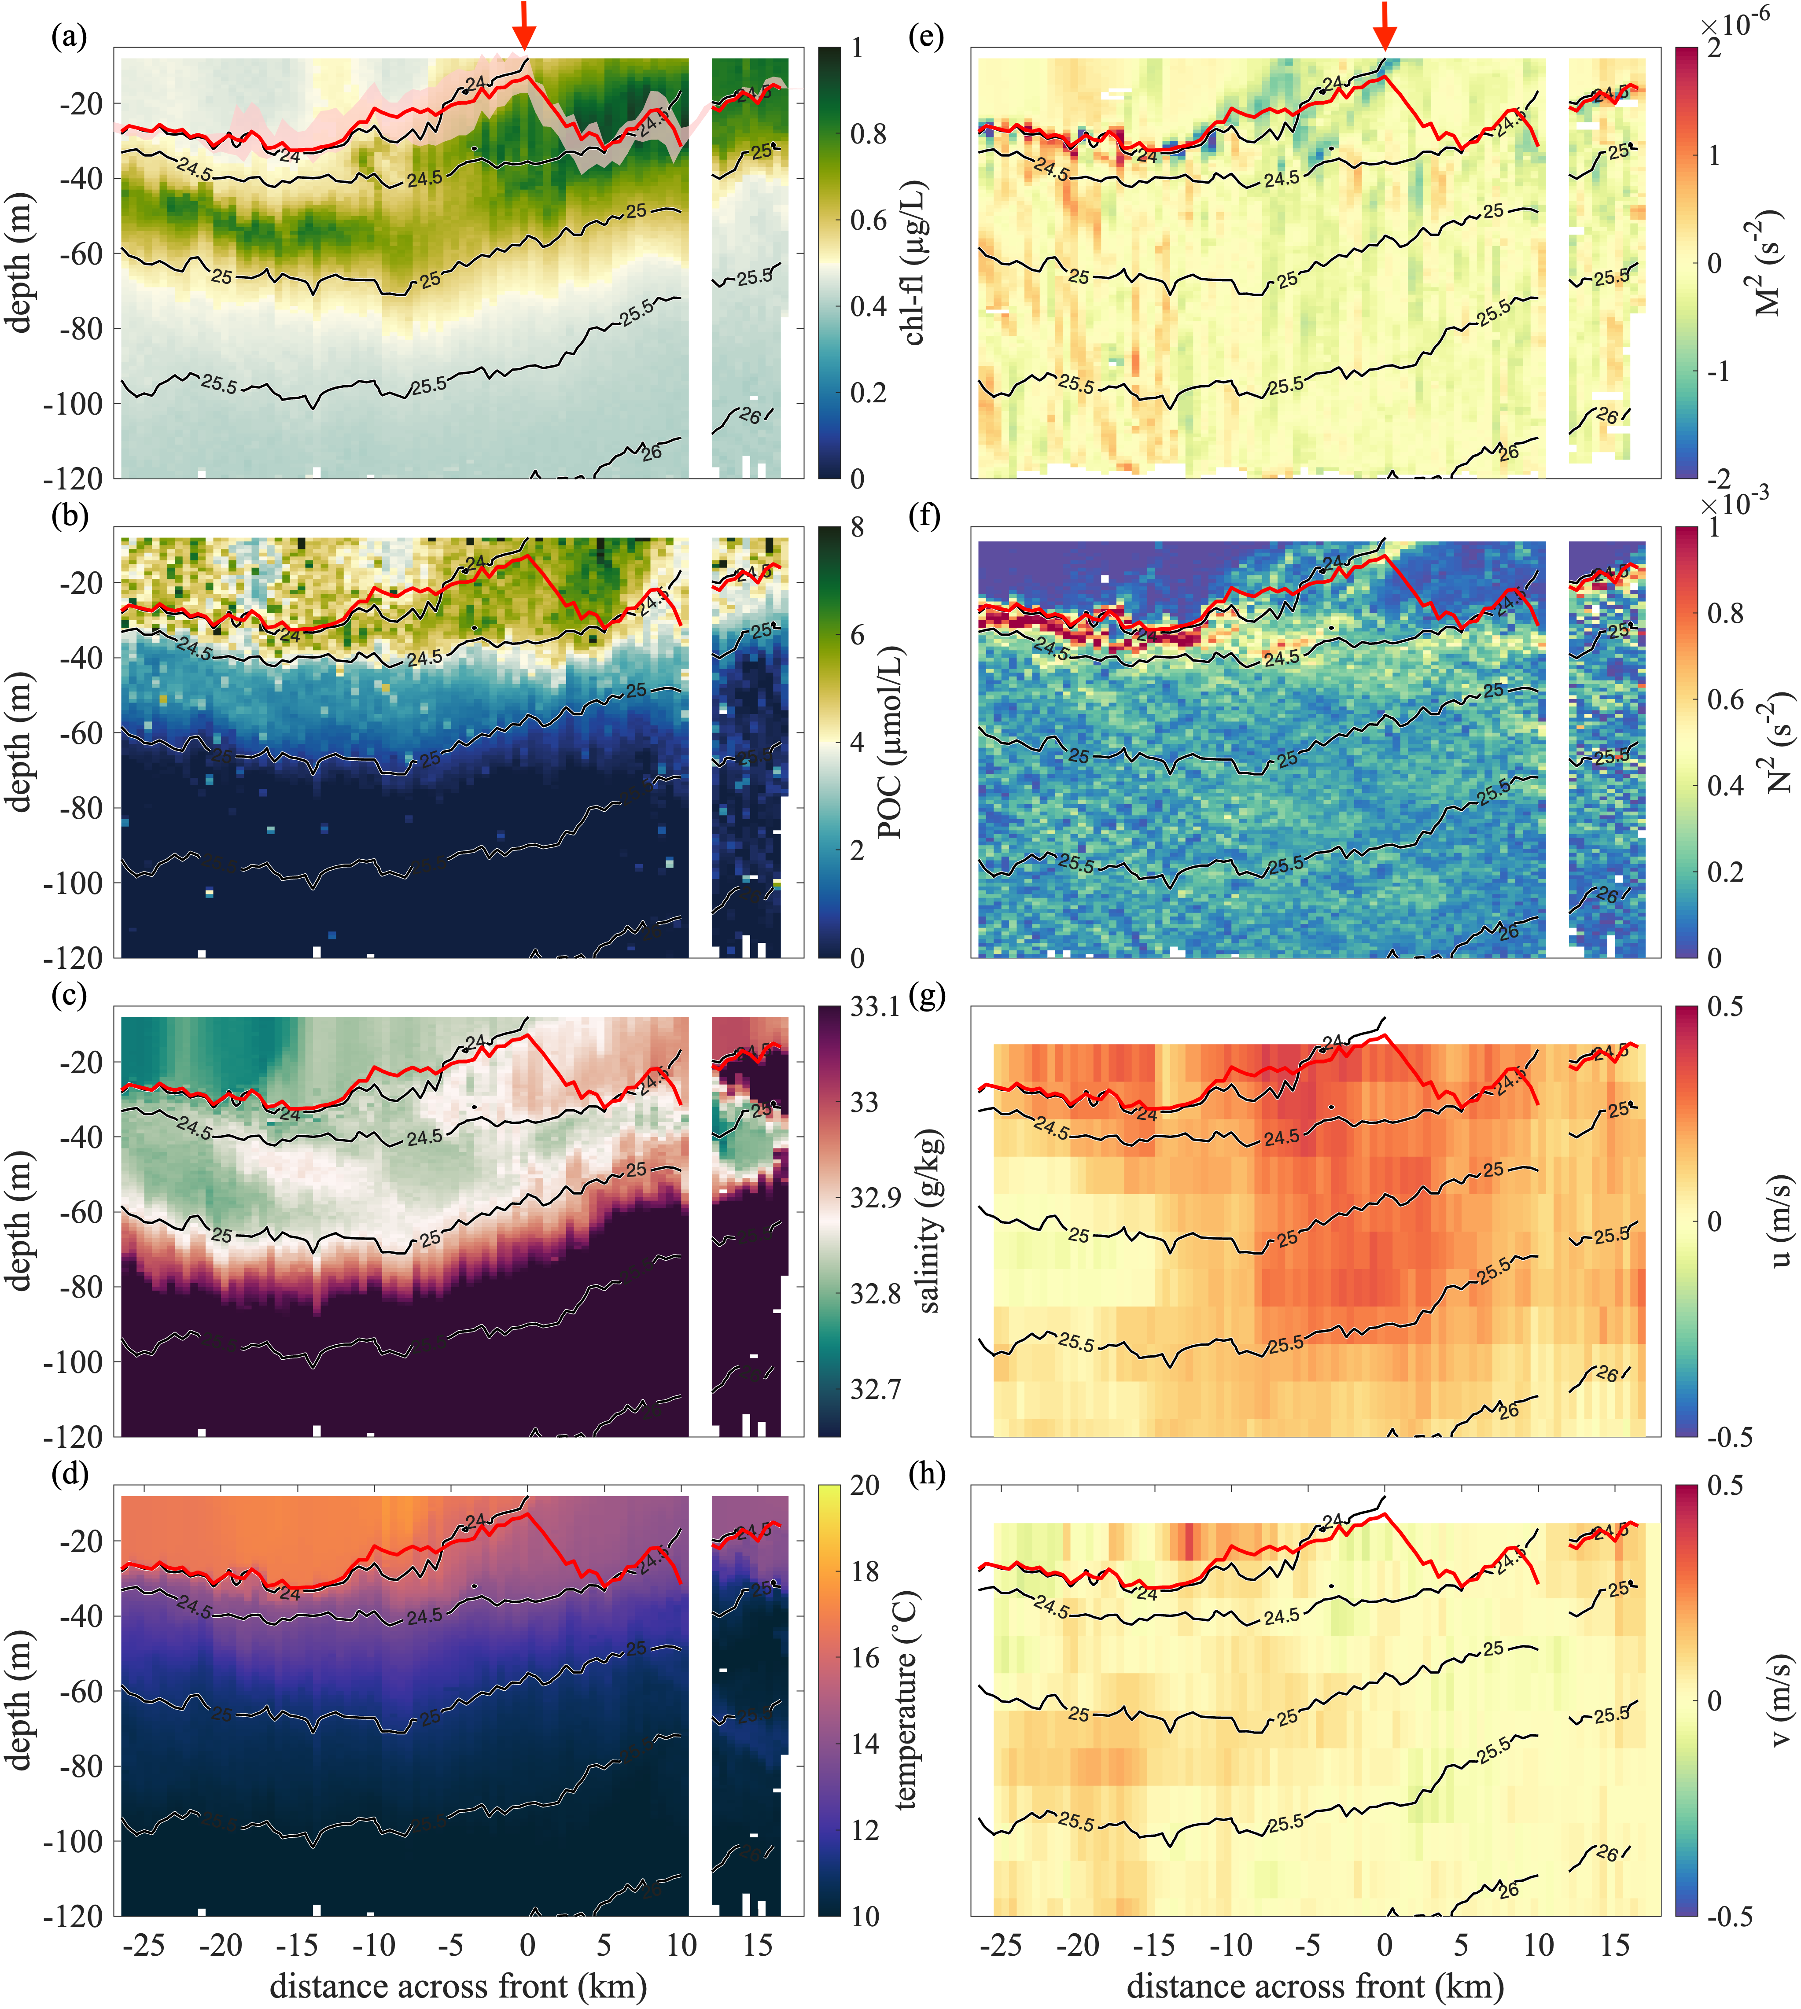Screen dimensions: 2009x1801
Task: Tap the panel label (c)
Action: pyautogui.click(x=69, y=996)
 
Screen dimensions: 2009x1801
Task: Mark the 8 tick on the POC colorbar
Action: pyautogui.click(x=857, y=527)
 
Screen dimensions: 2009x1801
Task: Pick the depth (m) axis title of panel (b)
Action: pyautogui.click(x=20, y=742)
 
